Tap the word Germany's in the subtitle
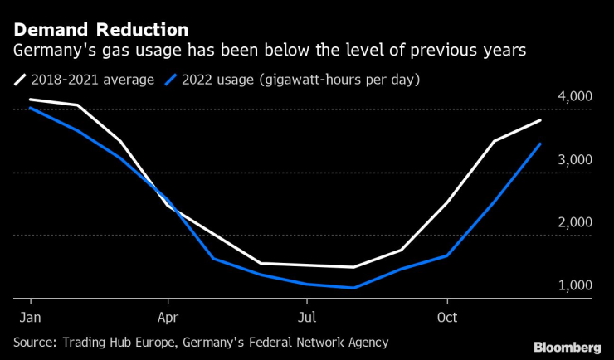tap(50, 51)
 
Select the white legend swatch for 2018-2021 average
tap(19, 80)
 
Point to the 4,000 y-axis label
tap(573, 97)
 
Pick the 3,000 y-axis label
tap(573, 160)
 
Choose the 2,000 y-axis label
tap(573, 223)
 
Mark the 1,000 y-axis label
tap(573, 286)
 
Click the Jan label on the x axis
tap(31, 317)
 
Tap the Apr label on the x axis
tap(168, 317)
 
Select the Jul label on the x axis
tap(307, 317)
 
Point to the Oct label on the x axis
tap(447, 317)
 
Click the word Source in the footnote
tap(34, 342)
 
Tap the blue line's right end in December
tap(540, 144)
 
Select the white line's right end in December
tap(540, 121)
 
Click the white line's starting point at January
tap(31, 100)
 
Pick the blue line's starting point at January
tap(31, 109)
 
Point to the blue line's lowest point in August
tap(354, 288)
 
